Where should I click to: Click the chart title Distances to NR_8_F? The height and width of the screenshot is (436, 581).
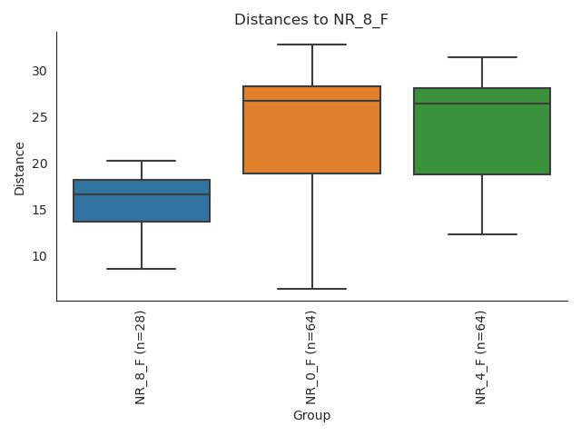pyautogui.click(x=311, y=20)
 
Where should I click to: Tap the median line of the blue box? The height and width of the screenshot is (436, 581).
pyautogui.click(x=142, y=194)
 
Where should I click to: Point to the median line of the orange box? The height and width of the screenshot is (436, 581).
pyautogui.click(x=311, y=101)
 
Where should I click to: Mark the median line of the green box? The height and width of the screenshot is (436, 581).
pyautogui.click(x=482, y=104)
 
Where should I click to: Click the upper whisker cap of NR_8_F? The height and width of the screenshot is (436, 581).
pyautogui.click(x=142, y=161)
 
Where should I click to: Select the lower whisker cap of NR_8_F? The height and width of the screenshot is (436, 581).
pyautogui.click(x=142, y=269)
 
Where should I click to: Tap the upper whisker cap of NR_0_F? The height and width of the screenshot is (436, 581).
pyautogui.click(x=311, y=45)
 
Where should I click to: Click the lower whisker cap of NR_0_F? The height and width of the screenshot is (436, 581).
pyautogui.click(x=311, y=289)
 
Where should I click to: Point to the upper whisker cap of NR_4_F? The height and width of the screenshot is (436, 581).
pyautogui.click(x=482, y=57)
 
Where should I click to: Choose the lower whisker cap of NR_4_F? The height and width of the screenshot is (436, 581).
pyautogui.click(x=482, y=234)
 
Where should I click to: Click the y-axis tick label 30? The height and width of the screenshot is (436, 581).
pyautogui.click(x=39, y=71)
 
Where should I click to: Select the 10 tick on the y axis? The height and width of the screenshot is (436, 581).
pyautogui.click(x=39, y=256)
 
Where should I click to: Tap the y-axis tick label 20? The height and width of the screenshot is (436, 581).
pyautogui.click(x=39, y=163)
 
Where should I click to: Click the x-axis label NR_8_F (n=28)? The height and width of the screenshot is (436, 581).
pyautogui.click(x=141, y=357)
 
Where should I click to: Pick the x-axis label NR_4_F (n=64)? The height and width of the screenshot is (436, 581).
pyautogui.click(x=481, y=357)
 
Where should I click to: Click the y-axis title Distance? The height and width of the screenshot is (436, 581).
pyautogui.click(x=20, y=167)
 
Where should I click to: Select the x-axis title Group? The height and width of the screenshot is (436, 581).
pyautogui.click(x=311, y=416)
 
